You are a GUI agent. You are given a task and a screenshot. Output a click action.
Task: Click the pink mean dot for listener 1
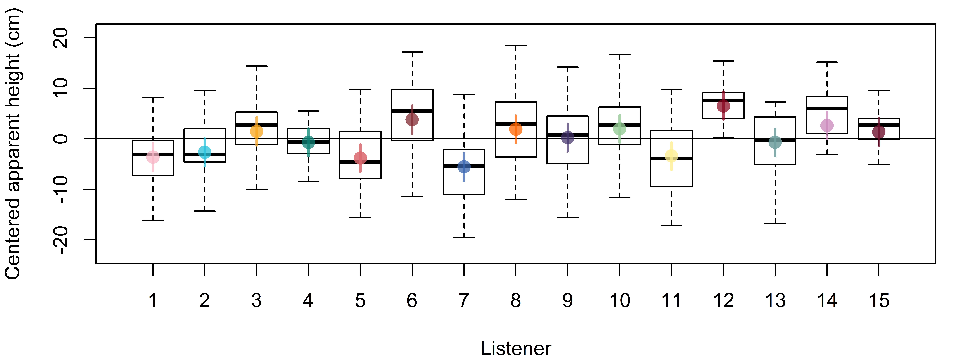153,157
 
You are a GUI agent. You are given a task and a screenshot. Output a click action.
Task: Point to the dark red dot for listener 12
723,106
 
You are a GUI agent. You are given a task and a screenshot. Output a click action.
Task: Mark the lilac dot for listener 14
827,125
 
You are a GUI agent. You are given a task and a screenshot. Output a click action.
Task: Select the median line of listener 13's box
775,140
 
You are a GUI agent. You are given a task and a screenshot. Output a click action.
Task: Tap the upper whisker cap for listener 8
516,45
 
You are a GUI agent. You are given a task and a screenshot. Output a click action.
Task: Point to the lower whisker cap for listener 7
464,238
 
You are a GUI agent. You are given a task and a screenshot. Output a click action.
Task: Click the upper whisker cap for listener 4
309,111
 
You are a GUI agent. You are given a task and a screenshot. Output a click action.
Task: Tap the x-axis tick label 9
568,300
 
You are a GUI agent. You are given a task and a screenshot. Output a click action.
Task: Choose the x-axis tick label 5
360,300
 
